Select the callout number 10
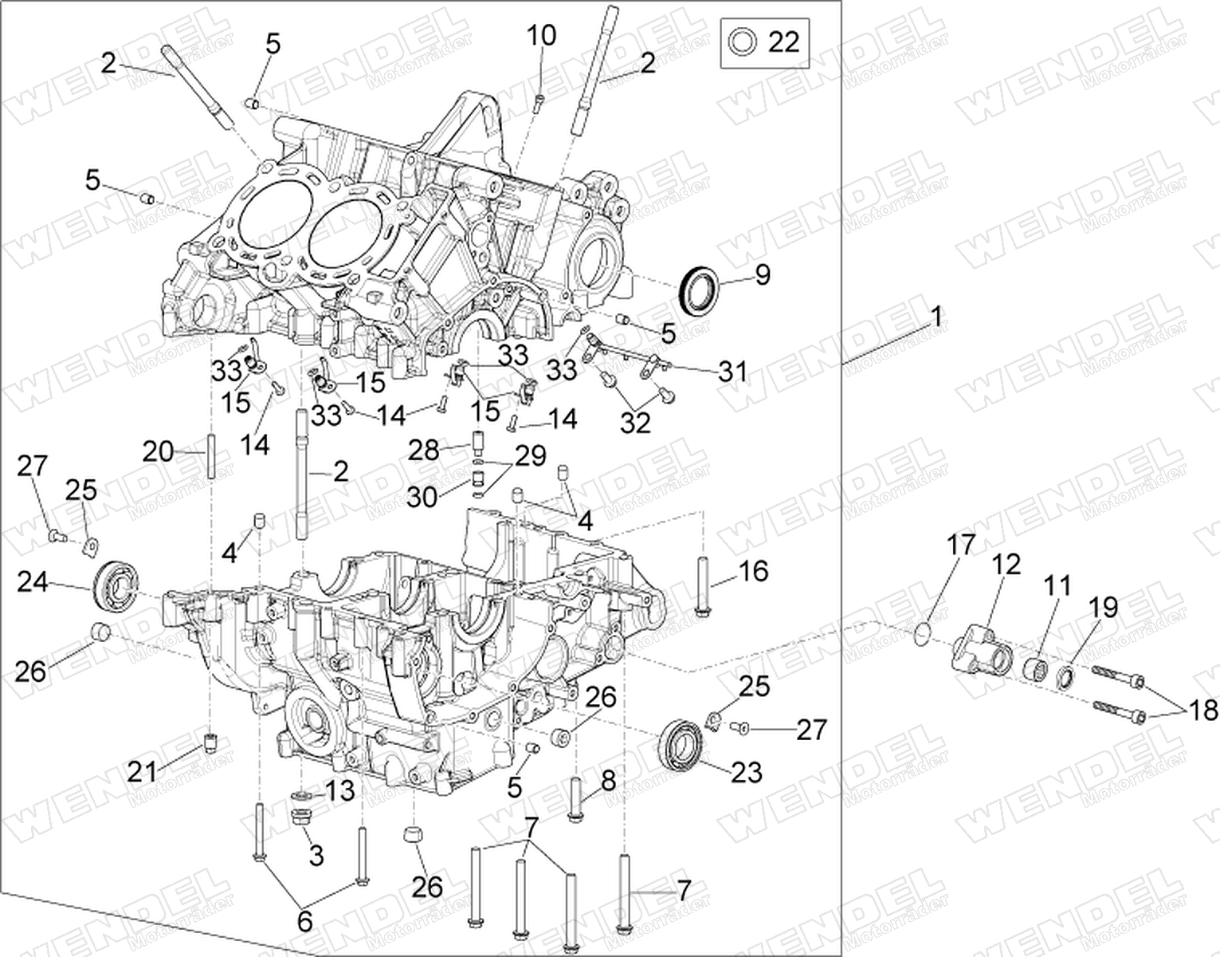[541, 35]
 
